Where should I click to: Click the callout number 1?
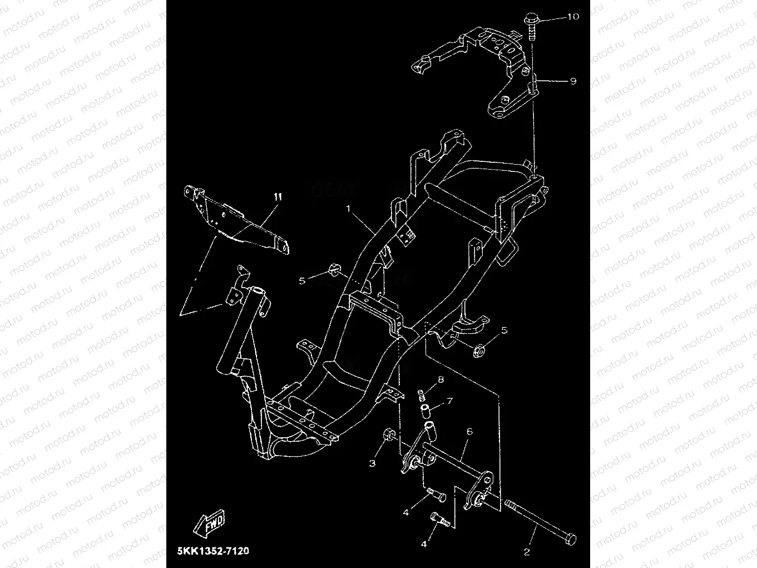pos(349,209)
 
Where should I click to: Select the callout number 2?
pos(526,552)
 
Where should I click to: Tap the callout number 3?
pos(373,463)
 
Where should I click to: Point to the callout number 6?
pos(469,431)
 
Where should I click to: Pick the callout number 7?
pos(449,401)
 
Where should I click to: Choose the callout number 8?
pos(441,380)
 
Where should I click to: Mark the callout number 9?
pos(573,81)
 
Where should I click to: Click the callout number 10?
pos(572,17)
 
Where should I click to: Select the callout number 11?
pos(278,197)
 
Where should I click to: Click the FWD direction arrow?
pos(210,522)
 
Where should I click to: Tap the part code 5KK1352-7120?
pos(213,551)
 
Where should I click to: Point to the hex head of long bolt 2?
pos(570,539)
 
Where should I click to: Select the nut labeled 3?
pos(389,434)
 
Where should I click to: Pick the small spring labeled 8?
pos(423,396)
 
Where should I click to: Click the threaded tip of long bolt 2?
pos(509,505)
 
